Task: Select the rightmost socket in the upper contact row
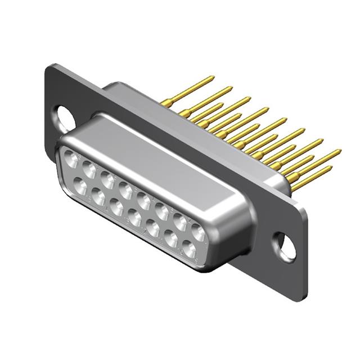pos(197,231)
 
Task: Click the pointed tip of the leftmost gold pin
pos(213,78)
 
